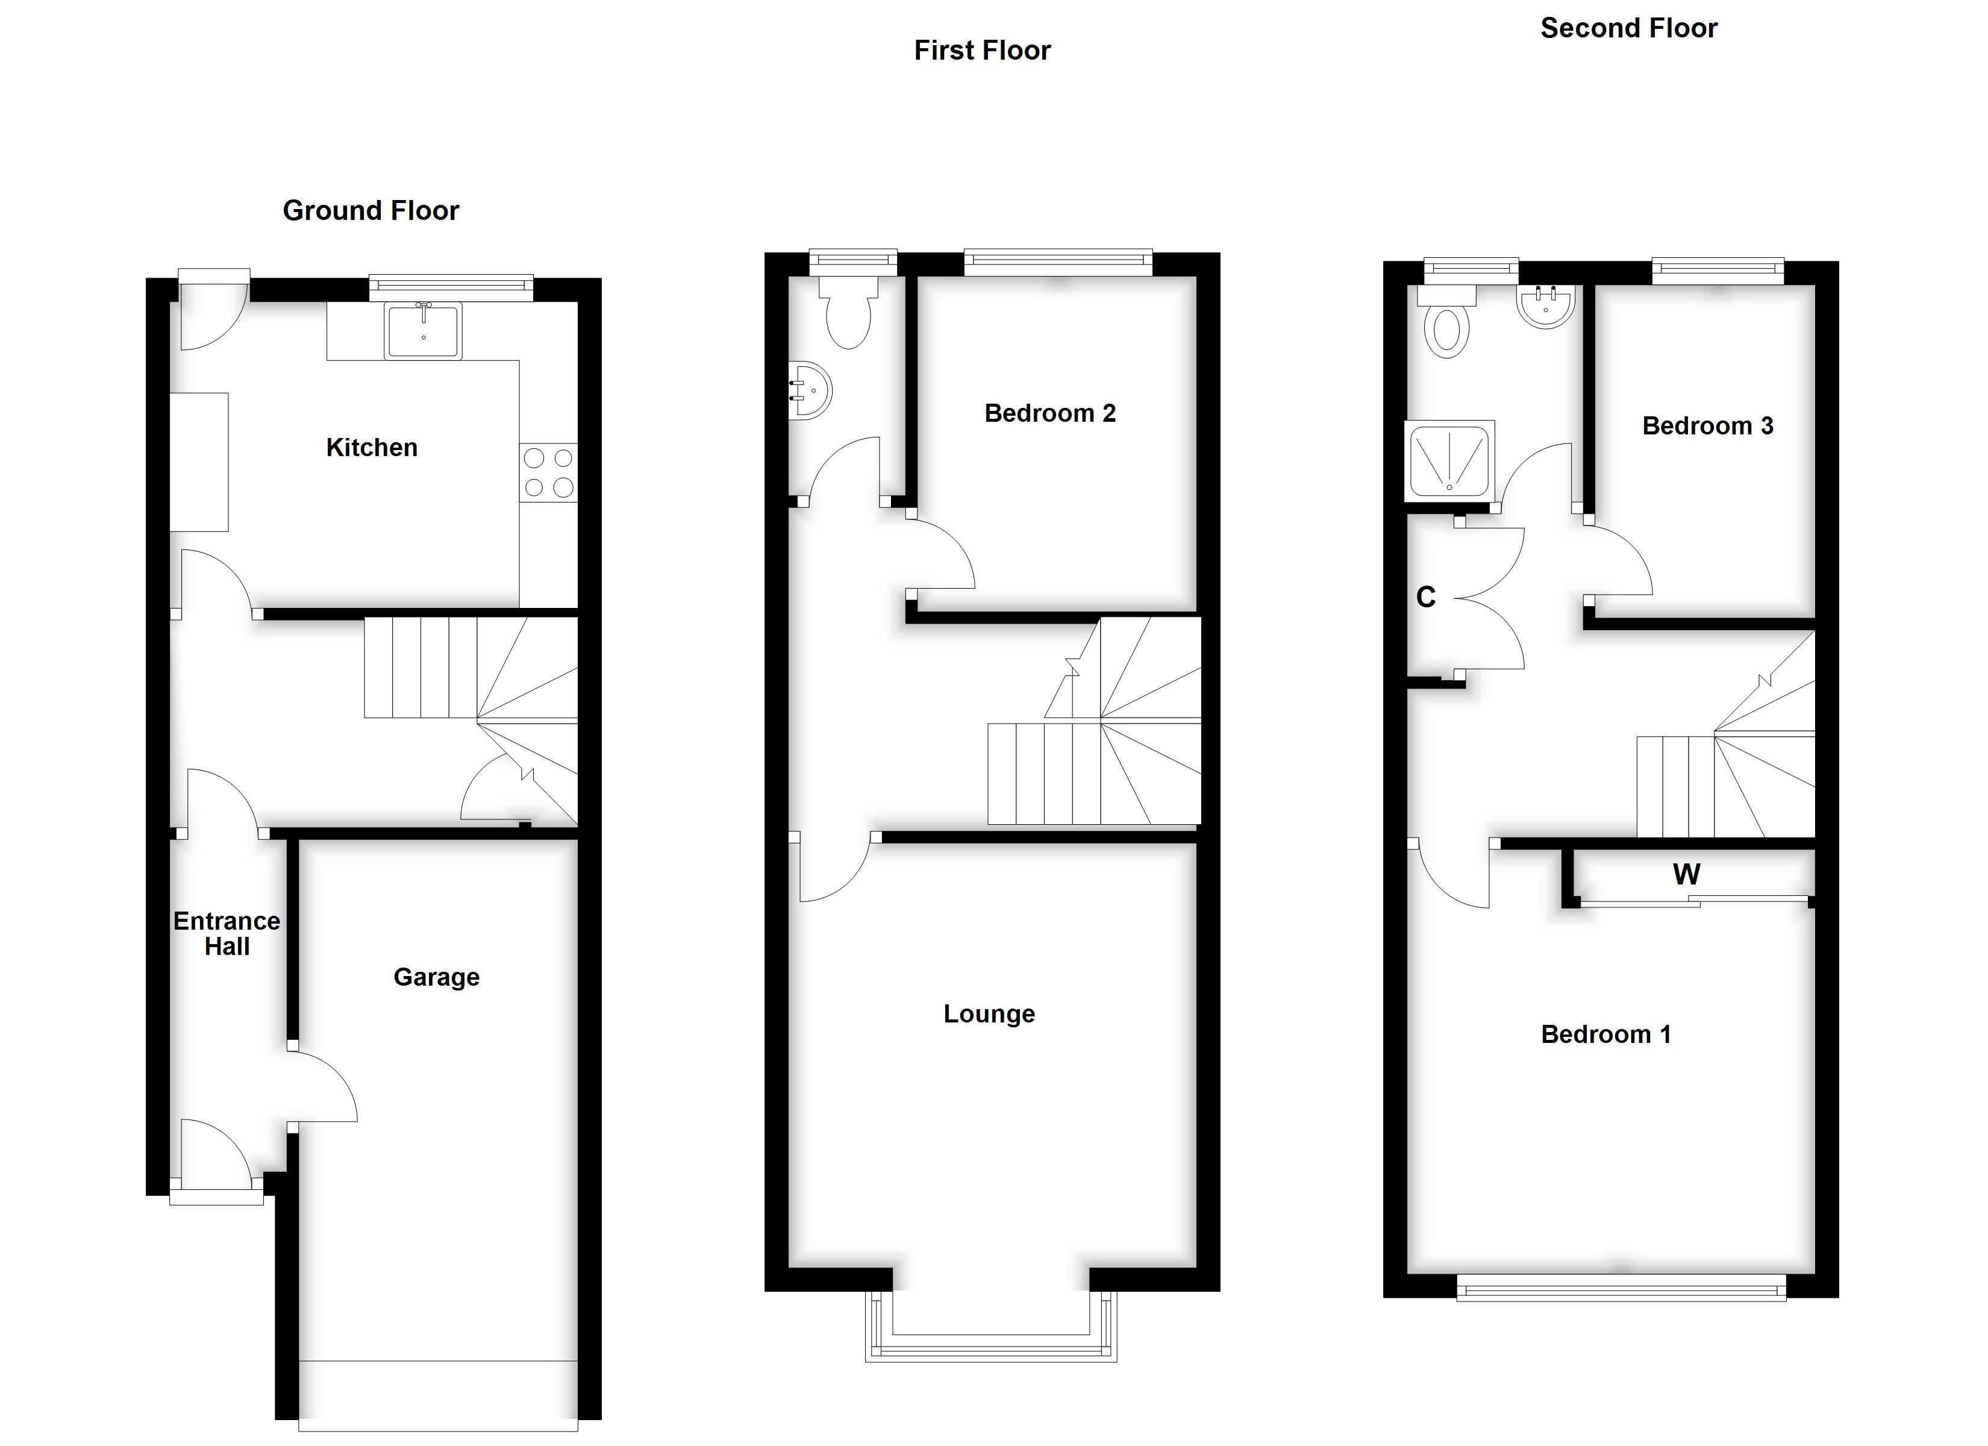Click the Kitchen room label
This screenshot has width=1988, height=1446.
coord(372,447)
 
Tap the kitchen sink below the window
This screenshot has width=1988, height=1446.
coord(424,331)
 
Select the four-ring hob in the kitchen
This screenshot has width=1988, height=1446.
coord(549,472)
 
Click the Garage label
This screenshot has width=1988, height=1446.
coord(437,977)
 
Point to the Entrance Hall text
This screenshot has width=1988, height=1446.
coord(227,934)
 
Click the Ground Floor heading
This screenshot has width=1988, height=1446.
coord(370,210)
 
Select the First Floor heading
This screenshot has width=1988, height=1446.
coord(982,51)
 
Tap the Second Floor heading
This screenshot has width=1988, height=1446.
coord(1628,28)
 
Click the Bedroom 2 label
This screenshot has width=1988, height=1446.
coord(1050,413)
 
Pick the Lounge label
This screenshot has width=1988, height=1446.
coord(989,1013)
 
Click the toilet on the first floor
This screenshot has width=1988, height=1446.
coord(848,316)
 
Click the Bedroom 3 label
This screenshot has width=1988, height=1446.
coord(1707,426)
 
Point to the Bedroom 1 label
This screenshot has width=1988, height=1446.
coord(1606,1034)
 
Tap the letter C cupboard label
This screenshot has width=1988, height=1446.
coord(1426,597)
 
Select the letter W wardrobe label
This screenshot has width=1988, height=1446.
coord(1686,874)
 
